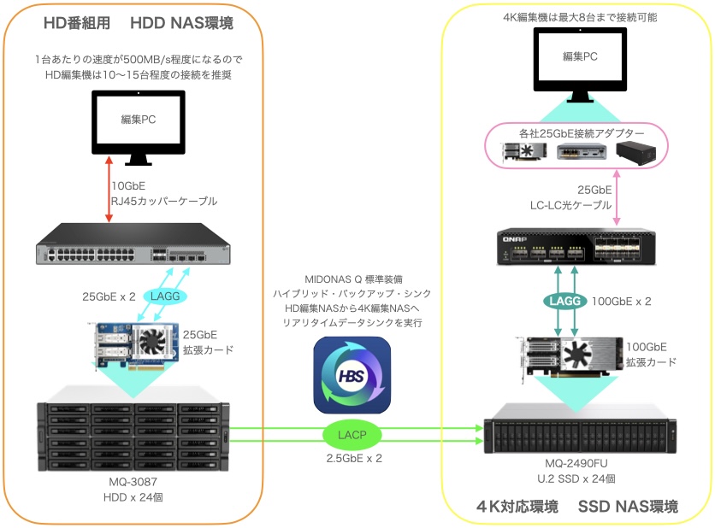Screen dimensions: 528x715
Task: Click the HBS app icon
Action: (352, 375)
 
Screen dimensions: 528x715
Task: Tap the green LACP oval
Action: (352, 434)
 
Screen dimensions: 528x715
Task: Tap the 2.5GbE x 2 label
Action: (352, 458)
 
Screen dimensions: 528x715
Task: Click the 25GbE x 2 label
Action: (109, 296)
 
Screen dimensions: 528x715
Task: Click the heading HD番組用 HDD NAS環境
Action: (151, 23)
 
